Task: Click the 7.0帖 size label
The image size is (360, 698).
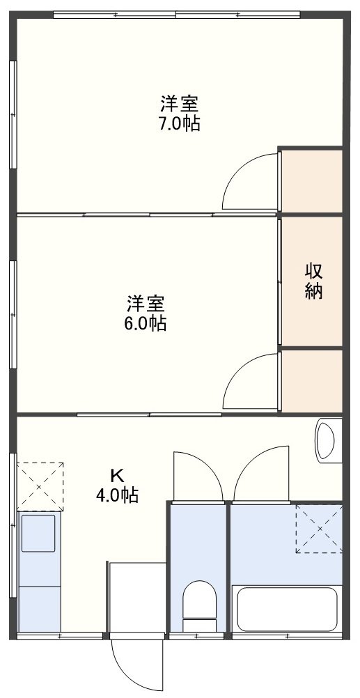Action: point(180,124)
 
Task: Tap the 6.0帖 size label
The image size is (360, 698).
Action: point(146,323)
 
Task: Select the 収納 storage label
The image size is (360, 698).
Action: point(314,281)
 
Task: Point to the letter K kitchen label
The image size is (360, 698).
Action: point(117,476)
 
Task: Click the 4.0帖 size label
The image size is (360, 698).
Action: point(117,495)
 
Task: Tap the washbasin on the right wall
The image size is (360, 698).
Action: point(326,438)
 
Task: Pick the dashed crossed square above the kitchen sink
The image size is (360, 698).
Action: point(40,486)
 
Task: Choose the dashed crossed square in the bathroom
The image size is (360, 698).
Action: point(318,529)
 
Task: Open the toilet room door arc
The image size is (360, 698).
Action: point(198,475)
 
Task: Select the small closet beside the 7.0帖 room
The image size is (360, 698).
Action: point(311,180)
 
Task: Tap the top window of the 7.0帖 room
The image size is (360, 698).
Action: point(176,15)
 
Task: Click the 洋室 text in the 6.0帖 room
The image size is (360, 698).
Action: point(146,304)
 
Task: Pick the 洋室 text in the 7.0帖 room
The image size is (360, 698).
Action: point(180,105)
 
